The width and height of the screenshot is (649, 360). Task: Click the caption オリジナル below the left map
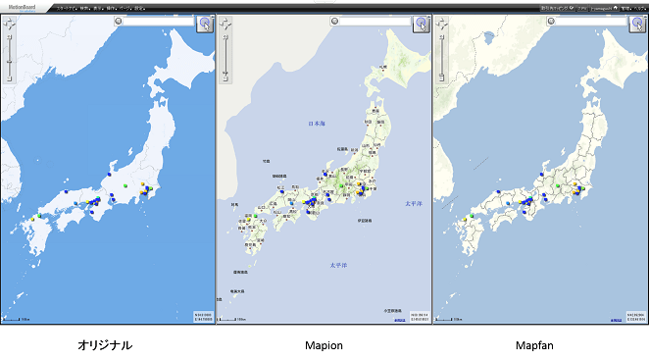point(104,345)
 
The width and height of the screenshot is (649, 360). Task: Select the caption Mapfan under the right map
point(537,345)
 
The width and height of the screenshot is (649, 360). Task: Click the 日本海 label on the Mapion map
point(317,125)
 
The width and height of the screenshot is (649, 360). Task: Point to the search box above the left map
point(157,20)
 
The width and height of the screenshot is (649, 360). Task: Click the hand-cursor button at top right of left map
point(205,24)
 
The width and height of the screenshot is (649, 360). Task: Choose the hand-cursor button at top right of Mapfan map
point(637,24)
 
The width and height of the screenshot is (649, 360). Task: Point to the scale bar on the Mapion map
point(233,319)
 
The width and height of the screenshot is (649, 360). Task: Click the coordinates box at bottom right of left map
point(203,316)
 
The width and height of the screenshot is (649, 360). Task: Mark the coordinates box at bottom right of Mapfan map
point(635,316)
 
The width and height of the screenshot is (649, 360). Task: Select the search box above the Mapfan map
point(588,20)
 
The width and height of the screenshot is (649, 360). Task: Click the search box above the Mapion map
point(373,20)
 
